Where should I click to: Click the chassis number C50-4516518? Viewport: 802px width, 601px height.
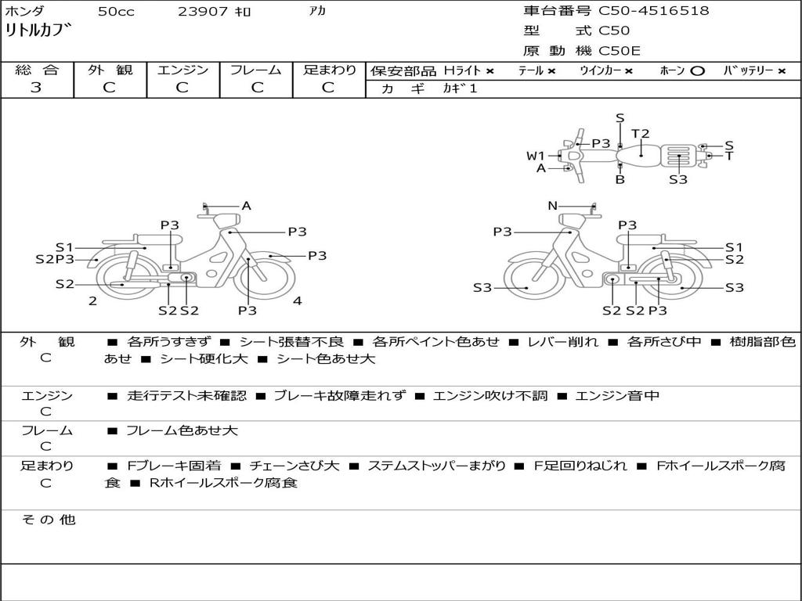[654, 11]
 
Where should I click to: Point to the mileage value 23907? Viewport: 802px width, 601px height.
[203, 12]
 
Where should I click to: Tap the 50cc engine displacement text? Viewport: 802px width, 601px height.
[115, 12]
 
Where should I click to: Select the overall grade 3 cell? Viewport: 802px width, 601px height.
[36, 88]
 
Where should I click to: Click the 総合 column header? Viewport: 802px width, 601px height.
[36, 70]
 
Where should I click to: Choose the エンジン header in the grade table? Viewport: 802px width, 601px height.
[182, 70]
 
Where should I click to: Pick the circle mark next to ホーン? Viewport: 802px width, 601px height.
[698, 71]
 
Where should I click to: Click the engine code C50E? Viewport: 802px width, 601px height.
[620, 52]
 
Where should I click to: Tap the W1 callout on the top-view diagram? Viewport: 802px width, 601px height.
[535, 156]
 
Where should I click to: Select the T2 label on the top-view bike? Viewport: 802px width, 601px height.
[641, 134]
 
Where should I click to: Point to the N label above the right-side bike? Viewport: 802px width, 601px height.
[552, 206]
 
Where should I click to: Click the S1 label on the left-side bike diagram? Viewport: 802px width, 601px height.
[63, 247]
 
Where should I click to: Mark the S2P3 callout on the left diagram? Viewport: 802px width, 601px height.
[55, 260]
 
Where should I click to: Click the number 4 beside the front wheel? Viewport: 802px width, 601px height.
[298, 300]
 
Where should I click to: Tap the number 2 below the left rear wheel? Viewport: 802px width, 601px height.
[92, 300]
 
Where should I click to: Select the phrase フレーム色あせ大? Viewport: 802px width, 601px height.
[182, 430]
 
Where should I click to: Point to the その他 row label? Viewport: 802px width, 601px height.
[48, 520]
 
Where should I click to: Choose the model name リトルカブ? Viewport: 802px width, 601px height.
[38, 31]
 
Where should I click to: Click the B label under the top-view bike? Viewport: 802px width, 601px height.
[620, 179]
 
